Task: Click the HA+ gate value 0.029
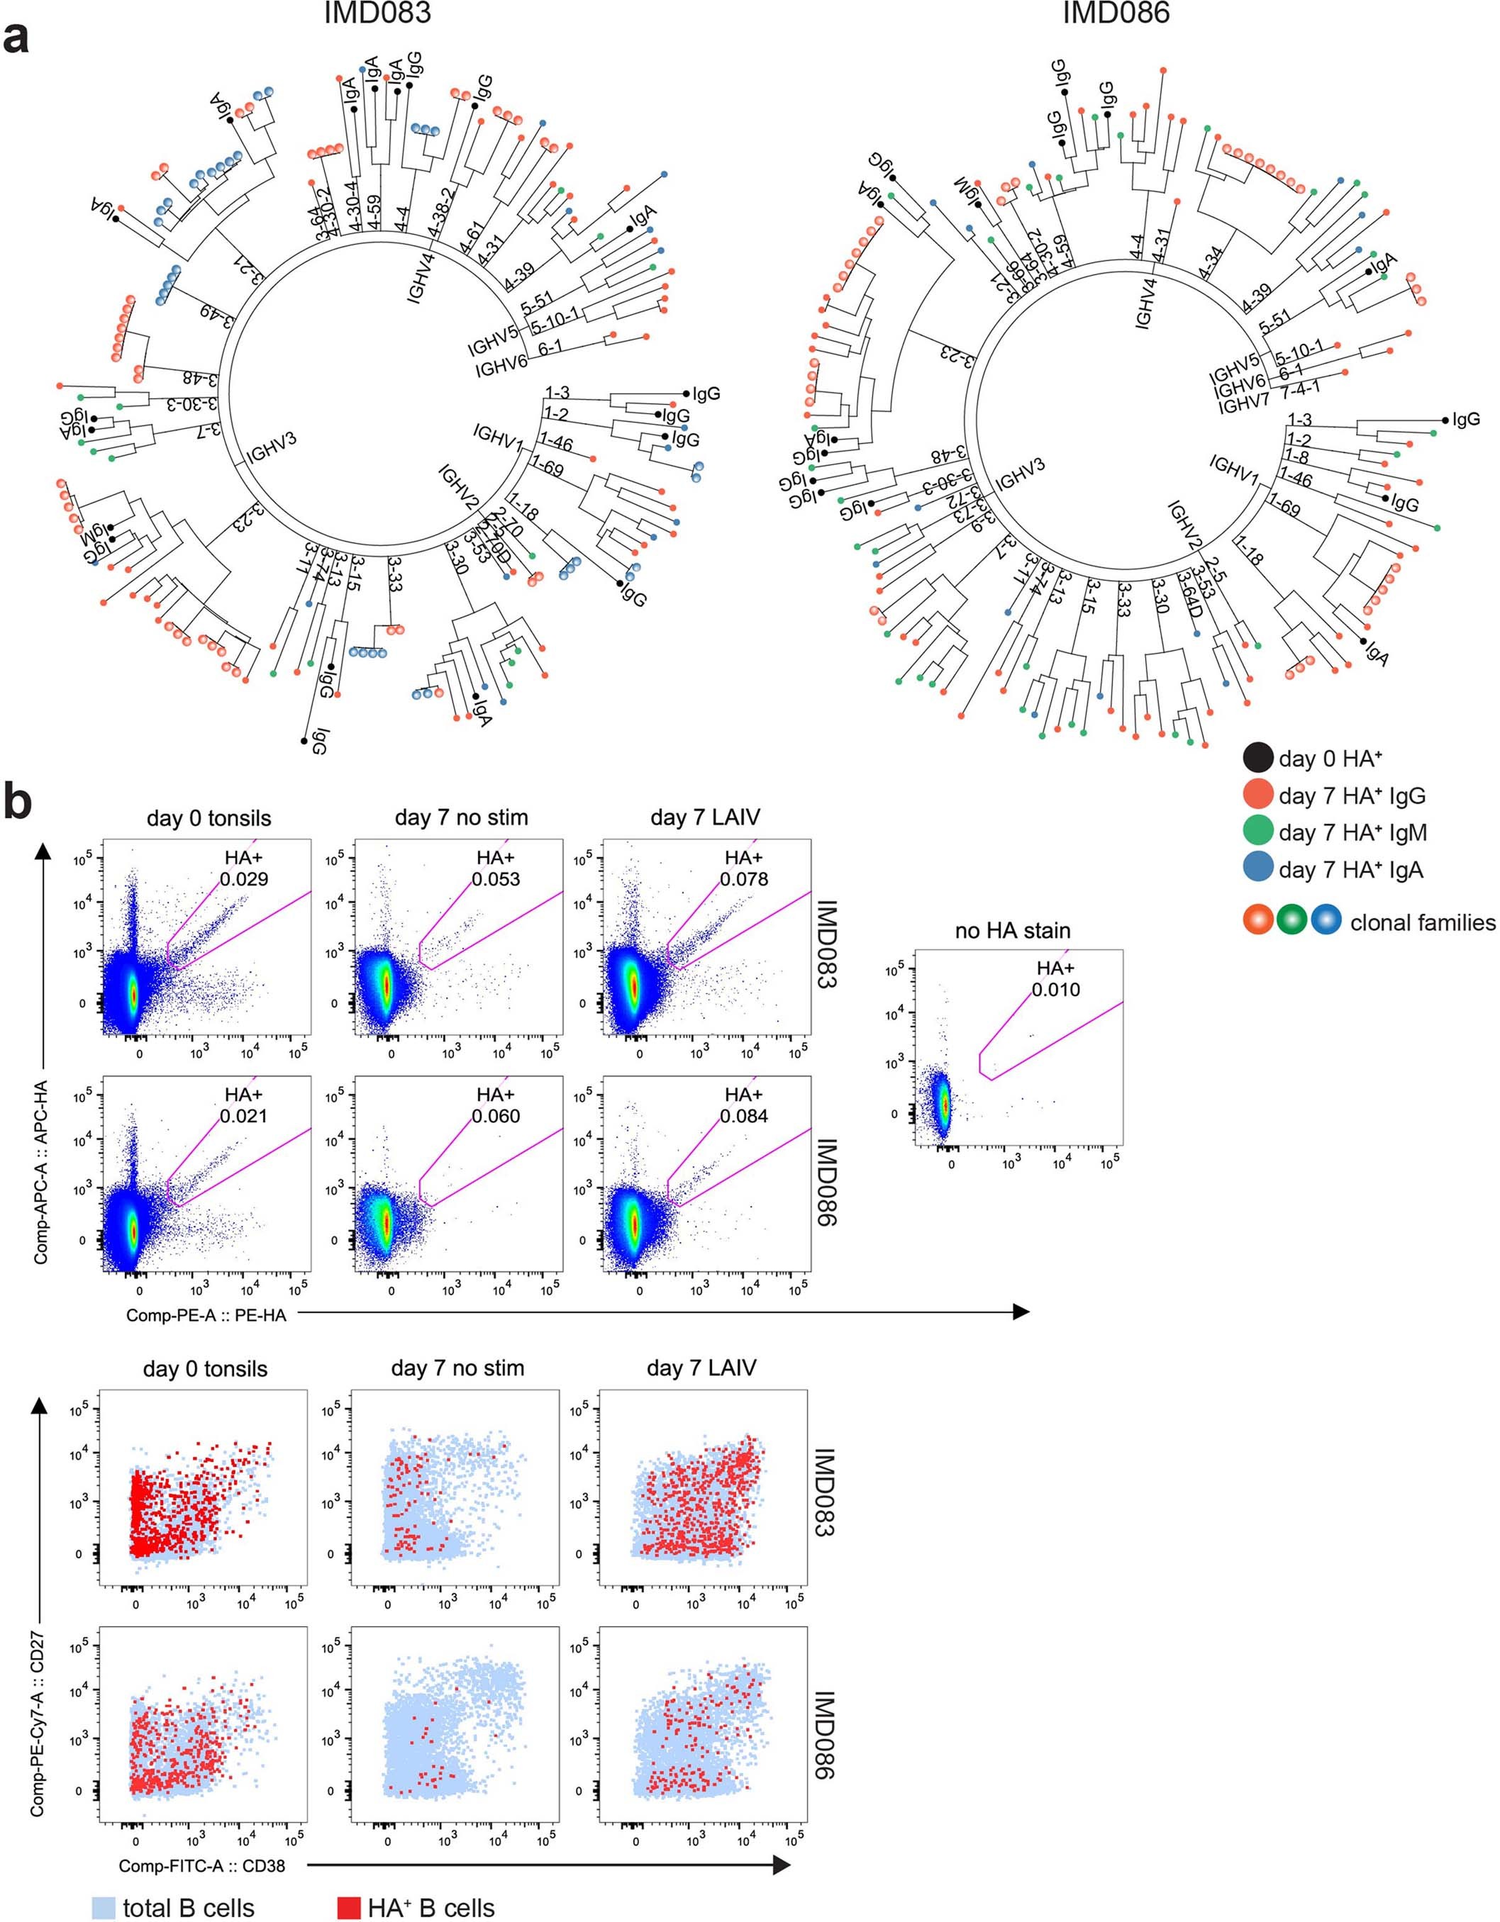coord(245,879)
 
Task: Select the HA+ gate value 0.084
coord(743,1116)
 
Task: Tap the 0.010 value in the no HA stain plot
coord(1055,989)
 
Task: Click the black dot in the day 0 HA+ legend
coord(1257,758)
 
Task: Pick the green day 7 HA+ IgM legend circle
coord(1257,832)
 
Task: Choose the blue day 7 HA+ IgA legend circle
coord(1257,869)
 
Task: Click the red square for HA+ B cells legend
coord(350,1907)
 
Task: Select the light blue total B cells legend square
coord(104,1907)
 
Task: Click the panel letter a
coord(17,40)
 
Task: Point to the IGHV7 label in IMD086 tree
coord(1243,405)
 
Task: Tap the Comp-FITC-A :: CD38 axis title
coord(201,1865)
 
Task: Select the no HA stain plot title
coord(1012,930)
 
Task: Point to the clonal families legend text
coord(1422,922)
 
